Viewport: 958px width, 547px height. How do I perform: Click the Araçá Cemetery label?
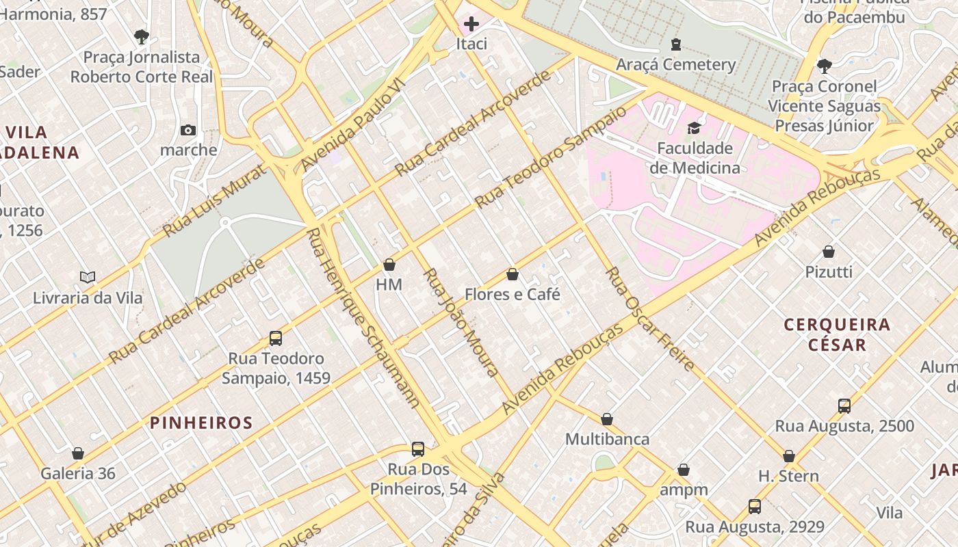676,65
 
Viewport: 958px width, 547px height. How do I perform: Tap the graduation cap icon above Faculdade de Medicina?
694,129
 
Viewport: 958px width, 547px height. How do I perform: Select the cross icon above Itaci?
471,24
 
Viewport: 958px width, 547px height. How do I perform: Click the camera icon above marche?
187,130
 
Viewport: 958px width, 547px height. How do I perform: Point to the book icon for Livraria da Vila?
88,277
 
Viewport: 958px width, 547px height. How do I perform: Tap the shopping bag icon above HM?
389,265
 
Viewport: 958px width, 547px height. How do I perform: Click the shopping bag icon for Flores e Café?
512,275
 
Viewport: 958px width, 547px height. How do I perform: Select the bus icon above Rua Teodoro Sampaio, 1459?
276,338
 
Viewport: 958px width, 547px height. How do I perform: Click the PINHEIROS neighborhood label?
201,423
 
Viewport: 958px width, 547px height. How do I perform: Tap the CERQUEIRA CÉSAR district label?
837,334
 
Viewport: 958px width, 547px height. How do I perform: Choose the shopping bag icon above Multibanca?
607,419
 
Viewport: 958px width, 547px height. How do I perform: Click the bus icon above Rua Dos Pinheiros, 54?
418,449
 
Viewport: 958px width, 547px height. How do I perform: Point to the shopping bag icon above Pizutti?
829,252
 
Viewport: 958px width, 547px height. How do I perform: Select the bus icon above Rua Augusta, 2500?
844,406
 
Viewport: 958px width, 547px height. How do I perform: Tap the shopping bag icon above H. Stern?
788,456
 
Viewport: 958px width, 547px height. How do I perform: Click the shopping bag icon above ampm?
683,470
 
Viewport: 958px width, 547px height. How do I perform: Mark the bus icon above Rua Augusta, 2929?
754,507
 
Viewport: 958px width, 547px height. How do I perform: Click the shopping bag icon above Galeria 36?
78,453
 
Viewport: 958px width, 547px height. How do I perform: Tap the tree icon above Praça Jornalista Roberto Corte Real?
142,36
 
